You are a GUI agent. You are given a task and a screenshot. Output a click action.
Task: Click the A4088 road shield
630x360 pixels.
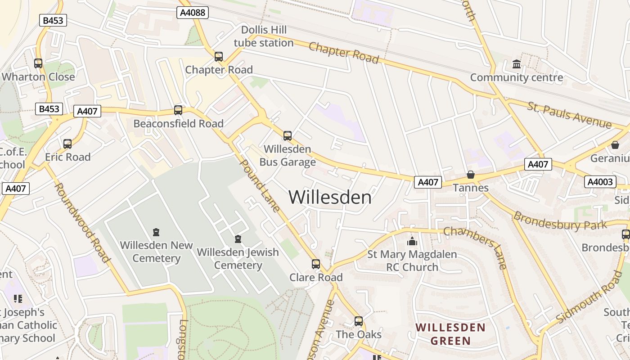point(193,13)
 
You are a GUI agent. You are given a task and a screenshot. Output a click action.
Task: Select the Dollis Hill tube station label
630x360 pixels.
point(264,36)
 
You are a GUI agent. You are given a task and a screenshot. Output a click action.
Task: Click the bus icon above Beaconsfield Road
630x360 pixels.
point(178,110)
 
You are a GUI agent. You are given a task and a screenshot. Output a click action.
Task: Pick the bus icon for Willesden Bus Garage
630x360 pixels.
point(288,135)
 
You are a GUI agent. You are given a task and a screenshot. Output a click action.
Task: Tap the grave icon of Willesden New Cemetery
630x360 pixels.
point(156,232)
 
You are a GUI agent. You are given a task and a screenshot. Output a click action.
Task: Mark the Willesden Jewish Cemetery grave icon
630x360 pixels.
point(238,239)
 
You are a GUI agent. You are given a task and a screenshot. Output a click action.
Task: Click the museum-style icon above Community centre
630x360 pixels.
point(517,64)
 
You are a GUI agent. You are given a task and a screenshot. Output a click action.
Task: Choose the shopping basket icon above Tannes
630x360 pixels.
point(471,175)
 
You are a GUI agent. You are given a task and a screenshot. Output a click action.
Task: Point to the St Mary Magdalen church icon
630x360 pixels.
point(412,242)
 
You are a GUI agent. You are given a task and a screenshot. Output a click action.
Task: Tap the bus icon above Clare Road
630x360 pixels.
point(316,264)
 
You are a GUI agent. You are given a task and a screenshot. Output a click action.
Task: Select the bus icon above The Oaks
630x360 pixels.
point(359,321)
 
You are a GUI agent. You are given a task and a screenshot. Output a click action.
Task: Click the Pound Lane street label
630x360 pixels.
point(261,185)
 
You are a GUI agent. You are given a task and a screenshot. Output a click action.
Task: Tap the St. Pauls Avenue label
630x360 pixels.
point(570,115)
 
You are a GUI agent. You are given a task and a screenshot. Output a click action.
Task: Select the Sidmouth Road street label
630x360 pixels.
point(589,297)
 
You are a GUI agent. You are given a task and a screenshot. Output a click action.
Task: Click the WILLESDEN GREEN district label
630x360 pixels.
point(450,333)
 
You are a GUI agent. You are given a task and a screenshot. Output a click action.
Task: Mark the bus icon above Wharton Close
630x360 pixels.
point(38,63)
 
